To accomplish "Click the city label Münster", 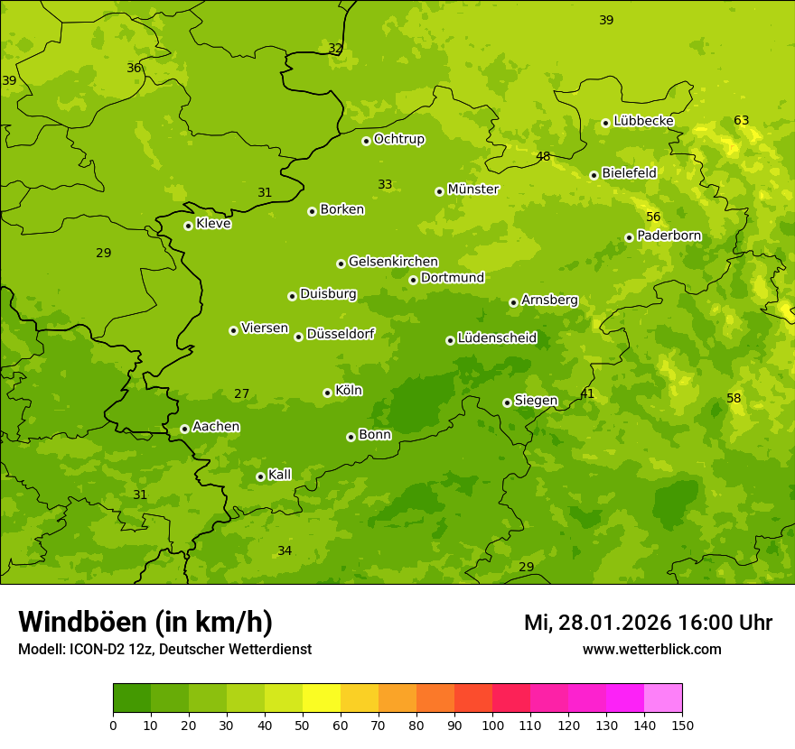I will (472, 190).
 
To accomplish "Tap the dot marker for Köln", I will (327, 393).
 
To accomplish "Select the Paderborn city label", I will (669, 236).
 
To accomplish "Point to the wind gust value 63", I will (741, 120).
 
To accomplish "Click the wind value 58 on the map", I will (734, 398).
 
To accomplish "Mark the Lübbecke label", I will (643, 121).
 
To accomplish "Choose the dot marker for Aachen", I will (184, 429).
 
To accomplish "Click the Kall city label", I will (279, 475).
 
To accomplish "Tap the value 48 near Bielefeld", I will (543, 156).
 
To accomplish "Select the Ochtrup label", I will (398, 139).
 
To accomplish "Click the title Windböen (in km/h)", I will (145, 622).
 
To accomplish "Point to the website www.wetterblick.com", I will (651, 649).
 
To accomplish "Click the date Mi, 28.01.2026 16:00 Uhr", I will (648, 623).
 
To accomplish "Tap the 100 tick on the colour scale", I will (492, 724).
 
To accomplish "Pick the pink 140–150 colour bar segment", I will (663, 698).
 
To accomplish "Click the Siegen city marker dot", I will (507, 402).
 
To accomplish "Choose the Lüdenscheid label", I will (497, 338).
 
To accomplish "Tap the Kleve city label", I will (213, 224).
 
